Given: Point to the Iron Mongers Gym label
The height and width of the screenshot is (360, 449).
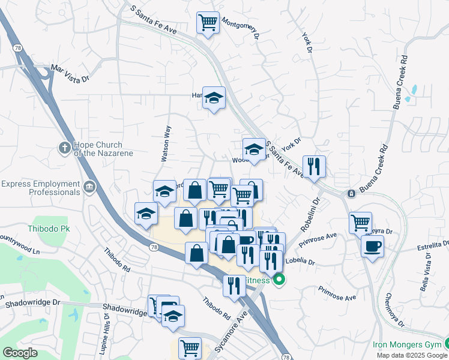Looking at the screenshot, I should [x=406, y=344].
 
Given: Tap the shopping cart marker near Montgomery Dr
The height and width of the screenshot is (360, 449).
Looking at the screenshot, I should [x=208, y=23].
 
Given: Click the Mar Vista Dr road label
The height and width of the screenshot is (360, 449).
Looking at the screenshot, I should [x=70, y=73].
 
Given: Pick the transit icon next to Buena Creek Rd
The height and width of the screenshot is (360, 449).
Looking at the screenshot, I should [x=351, y=194].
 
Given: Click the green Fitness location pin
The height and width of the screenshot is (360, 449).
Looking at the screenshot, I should [x=279, y=280].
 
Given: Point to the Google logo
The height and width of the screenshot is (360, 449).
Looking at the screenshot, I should [x=20, y=353].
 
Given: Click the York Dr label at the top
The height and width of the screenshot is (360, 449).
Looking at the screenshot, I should [x=308, y=42].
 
